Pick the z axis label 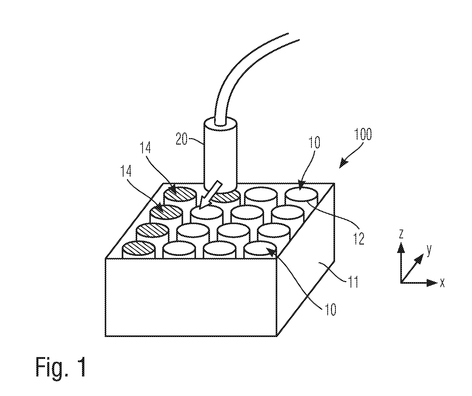[x=401, y=234]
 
